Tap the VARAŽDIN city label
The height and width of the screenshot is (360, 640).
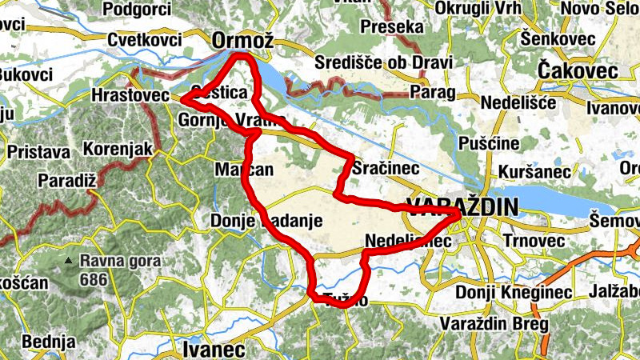pyautogui.click(x=462, y=206)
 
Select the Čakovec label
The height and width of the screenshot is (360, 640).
pyautogui.click(x=578, y=71)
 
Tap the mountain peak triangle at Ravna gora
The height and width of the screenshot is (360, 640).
pyautogui.click(x=72, y=261)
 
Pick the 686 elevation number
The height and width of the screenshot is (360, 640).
pyautogui.click(x=96, y=280)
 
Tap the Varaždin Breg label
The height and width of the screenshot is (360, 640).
pyautogui.click(x=494, y=325)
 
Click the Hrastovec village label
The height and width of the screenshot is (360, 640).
pyautogui.click(x=130, y=95)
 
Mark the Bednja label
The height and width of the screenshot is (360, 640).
pyautogui.click(x=49, y=342)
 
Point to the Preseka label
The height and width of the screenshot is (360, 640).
pyautogui.click(x=391, y=27)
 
